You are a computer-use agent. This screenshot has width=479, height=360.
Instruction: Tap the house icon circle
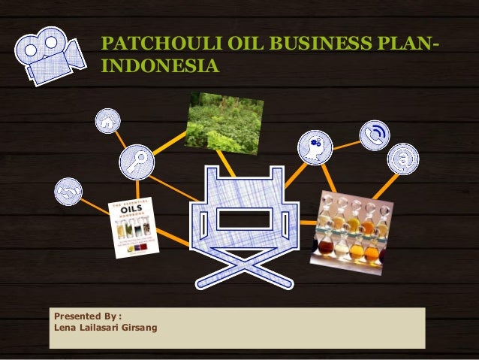tap(108, 120)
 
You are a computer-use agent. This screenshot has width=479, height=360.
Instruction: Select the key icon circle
tap(137, 160)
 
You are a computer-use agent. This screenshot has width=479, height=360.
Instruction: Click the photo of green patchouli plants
tap(223, 120)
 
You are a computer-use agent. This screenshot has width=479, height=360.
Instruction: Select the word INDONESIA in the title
tap(160, 68)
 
